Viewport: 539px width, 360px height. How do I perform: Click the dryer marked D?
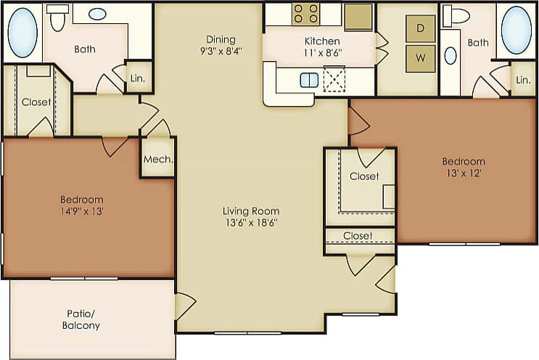(x=420, y=29)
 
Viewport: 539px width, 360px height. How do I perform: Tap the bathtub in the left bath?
(x=22, y=32)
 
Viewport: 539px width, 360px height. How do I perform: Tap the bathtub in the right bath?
(x=516, y=30)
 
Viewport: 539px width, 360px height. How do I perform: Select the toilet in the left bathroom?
(x=58, y=18)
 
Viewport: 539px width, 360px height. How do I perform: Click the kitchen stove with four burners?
(x=306, y=15)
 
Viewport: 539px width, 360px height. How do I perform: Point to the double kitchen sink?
(x=309, y=80)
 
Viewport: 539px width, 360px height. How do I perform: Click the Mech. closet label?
(x=157, y=160)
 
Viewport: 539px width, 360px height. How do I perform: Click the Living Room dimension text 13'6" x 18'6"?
(x=251, y=223)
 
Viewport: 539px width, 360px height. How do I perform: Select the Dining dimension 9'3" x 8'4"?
(x=221, y=52)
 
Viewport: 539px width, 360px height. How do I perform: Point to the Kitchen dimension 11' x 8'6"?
(x=322, y=53)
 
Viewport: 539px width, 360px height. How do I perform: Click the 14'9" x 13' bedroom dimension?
(x=81, y=211)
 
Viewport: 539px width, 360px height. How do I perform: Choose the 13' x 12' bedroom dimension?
(x=464, y=173)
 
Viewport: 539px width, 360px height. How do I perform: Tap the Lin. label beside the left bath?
(x=138, y=78)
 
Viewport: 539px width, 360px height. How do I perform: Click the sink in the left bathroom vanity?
(x=98, y=14)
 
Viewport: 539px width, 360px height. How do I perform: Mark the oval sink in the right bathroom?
(x=450, y=55)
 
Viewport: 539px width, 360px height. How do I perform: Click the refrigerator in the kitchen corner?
(x=358, y=17)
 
